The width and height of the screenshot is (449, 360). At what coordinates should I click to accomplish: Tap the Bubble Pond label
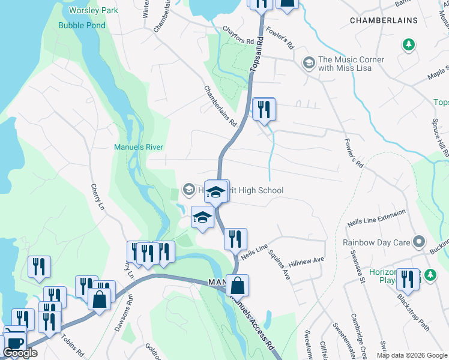pyautogui.click(x=82, y=25)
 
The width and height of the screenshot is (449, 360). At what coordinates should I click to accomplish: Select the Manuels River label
pyautogui.click(x=139, y=147)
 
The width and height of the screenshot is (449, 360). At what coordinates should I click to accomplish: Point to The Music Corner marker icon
pyautogui.click(x=309, y=63)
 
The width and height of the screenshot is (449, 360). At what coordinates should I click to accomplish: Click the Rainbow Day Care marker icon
pyautogui.click(x=419, y=242)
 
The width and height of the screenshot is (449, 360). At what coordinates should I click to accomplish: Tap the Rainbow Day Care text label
pyautogui.click(x=376, y=243)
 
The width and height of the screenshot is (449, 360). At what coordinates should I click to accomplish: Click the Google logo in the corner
pyautogui.click(x=20, y=353)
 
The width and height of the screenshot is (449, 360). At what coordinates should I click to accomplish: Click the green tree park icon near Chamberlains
pyautogui.click(x=408, y=45)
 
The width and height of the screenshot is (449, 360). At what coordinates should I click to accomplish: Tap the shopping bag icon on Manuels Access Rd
pyautogui.click(x=238, y=286)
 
